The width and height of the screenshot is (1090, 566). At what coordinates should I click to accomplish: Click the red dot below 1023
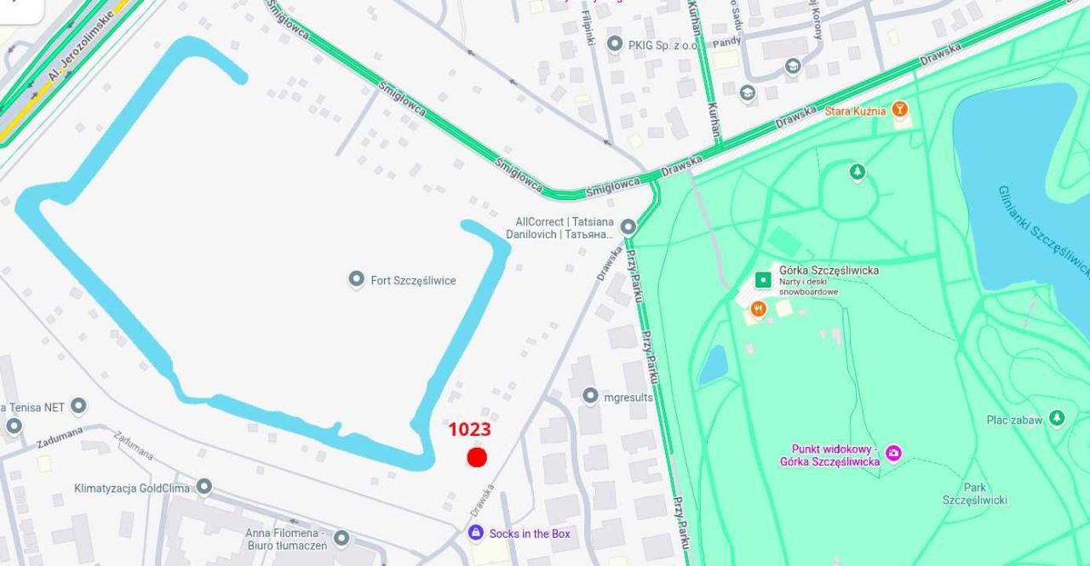477,457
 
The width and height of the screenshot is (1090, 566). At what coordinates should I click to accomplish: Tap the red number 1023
469,431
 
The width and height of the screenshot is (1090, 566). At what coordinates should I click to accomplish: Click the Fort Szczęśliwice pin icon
357,279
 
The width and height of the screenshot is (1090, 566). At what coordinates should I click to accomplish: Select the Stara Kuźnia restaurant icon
900,110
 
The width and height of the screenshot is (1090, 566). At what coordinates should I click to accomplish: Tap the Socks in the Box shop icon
476,533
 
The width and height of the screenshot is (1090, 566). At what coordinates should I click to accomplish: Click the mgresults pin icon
590,396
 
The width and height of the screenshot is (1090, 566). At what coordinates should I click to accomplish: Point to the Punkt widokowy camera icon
892,453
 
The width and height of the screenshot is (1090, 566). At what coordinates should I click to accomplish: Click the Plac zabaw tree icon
1057,418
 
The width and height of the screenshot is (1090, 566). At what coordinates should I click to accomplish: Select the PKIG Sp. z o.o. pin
614,43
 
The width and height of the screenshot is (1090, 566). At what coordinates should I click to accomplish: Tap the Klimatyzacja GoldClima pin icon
204,486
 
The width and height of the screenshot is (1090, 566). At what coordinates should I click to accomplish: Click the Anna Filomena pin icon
341,538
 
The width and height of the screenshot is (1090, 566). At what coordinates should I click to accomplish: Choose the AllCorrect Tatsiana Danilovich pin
628,226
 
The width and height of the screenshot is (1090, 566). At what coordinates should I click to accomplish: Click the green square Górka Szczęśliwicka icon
763,279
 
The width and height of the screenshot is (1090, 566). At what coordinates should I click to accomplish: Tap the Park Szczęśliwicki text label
974,494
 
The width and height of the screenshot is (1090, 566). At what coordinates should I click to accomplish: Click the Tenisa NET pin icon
78,406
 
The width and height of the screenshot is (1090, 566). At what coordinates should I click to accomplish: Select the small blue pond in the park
713,364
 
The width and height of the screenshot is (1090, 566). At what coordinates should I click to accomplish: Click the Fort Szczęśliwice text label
413,280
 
